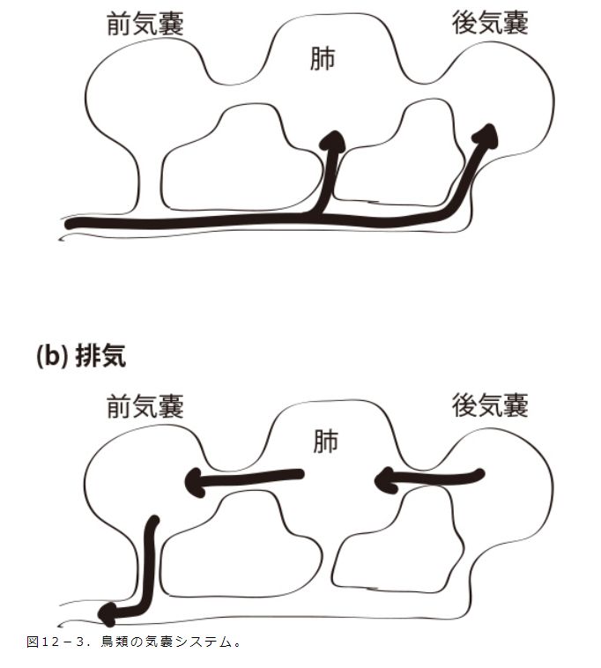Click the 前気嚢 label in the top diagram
coord(145,25)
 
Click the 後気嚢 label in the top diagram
coord(490,24)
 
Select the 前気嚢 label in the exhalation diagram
coord(145,406)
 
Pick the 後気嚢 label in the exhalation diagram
coord(490,405)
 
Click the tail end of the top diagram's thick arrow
coord(72,226)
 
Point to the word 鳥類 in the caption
coord(131,641)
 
